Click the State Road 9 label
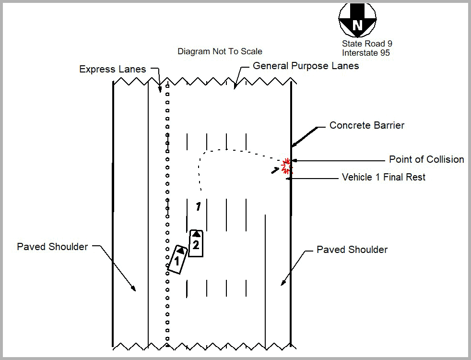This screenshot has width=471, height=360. click(367, 44)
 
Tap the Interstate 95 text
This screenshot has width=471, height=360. click(365, 53)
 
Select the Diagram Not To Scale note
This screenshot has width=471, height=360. click(220, 51)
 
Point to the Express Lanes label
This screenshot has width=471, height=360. click(112, 69)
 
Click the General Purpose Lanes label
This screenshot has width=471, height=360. click(306, 66)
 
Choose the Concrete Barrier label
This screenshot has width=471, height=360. click(367, 125)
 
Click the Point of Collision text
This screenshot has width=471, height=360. click(426, 159)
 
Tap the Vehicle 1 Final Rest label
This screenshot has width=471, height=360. click(384, 177)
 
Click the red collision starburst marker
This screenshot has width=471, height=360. click(286, 166)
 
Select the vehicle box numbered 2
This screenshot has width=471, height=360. click(196, 243)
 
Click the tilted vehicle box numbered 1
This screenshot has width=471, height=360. click(177, 259)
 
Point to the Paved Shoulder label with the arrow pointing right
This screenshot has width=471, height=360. click(52, 247)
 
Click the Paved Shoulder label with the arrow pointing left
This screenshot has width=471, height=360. click(352, 250)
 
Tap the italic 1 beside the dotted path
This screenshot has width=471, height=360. click(198, 206)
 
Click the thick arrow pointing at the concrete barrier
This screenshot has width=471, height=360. click(304, 137)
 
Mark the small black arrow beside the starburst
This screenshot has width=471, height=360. click(275, 170)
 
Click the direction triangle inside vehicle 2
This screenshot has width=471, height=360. click(196, 234)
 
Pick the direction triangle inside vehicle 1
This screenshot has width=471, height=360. click(180, 250)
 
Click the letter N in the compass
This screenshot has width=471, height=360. click(357, 25)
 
